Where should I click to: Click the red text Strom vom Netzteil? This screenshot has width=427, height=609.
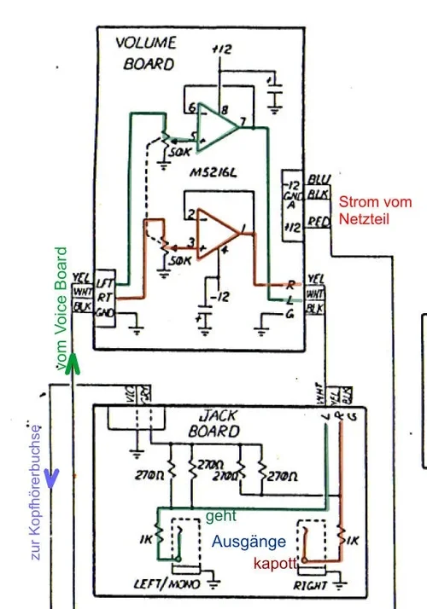coord(375,209)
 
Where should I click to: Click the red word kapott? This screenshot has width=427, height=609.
coord(272,565)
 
